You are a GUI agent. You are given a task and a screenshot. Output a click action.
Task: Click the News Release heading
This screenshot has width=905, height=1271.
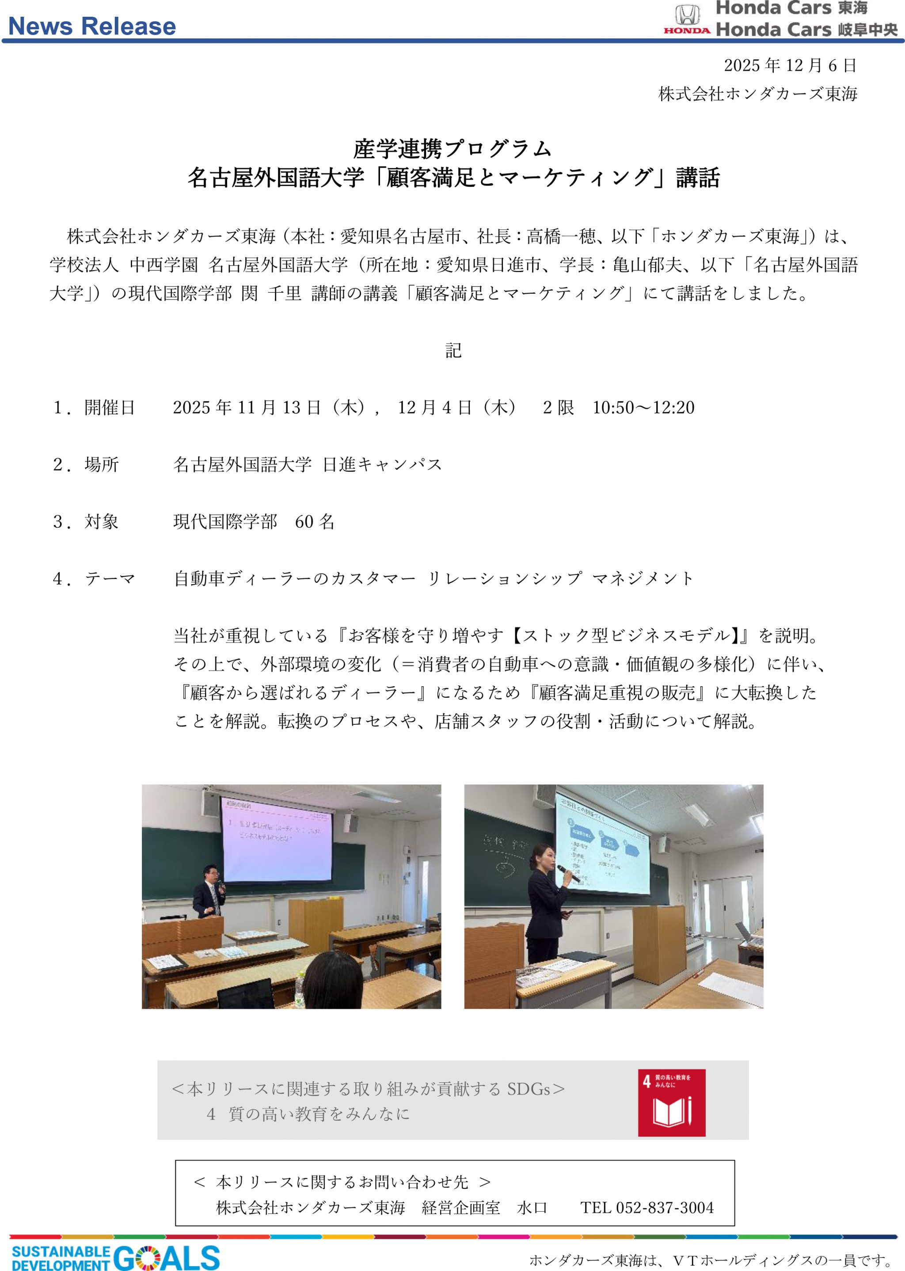point(92,26)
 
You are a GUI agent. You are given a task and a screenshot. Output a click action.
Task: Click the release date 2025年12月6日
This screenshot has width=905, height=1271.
point(790,66)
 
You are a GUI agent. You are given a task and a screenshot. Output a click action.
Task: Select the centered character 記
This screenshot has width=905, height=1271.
point(453,350)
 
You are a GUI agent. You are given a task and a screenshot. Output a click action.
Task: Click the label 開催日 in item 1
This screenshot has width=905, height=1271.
point(110,408)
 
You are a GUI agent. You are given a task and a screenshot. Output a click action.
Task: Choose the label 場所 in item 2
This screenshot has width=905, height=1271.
point(102,465)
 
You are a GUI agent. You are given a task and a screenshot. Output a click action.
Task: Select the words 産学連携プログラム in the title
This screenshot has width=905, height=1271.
point(452,149)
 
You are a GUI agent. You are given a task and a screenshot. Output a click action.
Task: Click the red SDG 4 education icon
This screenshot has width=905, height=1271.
point(672,1103)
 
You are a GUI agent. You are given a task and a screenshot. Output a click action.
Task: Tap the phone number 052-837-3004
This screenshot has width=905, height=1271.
point(664,1207)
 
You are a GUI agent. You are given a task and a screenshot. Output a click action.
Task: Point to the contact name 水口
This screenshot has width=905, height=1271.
point(532,1207)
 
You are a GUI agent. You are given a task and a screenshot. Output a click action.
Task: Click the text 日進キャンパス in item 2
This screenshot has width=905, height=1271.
point(382,465)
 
